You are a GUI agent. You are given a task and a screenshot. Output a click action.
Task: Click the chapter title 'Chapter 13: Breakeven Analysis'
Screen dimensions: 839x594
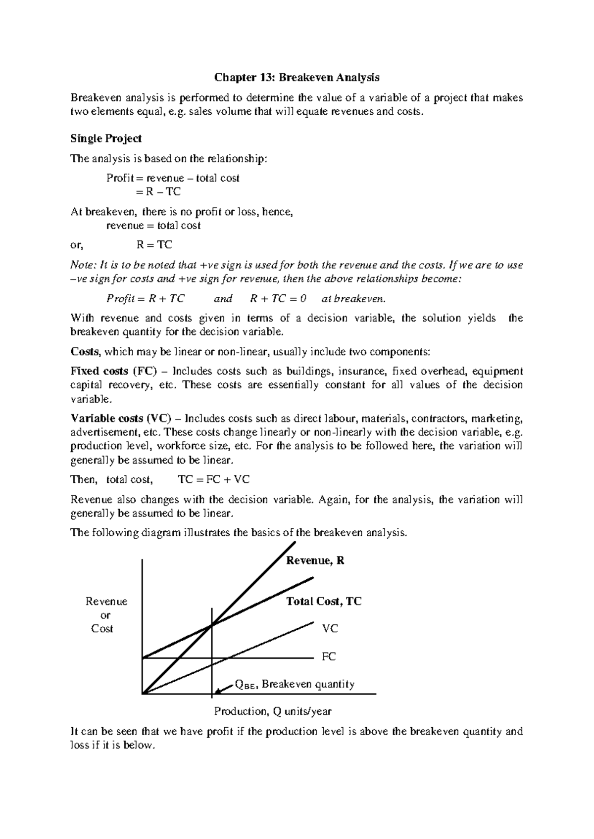click(297, 78)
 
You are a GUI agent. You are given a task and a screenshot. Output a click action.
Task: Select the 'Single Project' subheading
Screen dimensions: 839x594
click(106, 139)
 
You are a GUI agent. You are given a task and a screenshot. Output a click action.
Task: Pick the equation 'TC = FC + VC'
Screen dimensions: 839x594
click(214, 479)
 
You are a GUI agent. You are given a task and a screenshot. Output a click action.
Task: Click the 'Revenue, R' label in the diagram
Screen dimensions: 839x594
click(315, 560)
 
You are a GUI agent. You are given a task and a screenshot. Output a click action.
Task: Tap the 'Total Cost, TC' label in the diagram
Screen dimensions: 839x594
click(324, 602)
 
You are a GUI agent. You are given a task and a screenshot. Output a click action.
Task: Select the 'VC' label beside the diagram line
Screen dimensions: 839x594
click(330, 629)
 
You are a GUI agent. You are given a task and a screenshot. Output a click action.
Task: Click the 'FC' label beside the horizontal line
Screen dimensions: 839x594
click(329, 657)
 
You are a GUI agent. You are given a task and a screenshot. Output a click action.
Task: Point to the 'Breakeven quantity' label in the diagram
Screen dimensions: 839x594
click(308, 684)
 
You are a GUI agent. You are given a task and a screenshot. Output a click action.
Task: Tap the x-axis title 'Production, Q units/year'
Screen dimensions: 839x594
click(273, 711)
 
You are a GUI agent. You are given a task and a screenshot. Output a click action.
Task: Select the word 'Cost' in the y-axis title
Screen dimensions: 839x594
click(102, 629)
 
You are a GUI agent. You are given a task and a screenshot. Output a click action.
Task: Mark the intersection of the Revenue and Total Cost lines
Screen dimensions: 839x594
click(212, 626)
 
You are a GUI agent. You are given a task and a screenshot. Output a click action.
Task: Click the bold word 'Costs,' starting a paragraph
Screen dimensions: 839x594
click(86, 352)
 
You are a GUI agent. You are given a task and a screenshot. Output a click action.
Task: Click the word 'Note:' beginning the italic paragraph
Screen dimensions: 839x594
click(84, 265)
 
